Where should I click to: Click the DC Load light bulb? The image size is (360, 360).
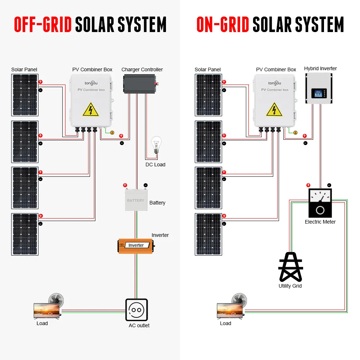[x=156, y=145]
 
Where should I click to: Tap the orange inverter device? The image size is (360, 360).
[x=136, y=246]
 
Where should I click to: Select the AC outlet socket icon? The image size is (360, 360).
[x=136, y=310]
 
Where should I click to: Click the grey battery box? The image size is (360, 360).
[x=136, y=200]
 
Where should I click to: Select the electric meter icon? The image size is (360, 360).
[x=320, y=203]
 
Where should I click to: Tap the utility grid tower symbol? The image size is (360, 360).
[x=291, y=267]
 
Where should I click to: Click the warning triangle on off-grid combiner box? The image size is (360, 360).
[x=91, y=109]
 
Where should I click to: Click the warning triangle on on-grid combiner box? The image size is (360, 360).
[x=274, y=109]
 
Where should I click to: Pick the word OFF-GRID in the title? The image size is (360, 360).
[x=43, y=24]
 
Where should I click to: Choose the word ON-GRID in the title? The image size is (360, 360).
[x=223, y=24]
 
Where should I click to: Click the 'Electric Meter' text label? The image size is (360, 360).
[x=320, y=222]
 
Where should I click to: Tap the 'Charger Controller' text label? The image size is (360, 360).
[x=142, y=69]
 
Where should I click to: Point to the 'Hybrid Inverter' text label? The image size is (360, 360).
[x=320, y=68]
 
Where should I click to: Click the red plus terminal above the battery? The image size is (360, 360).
[x=125, y=185]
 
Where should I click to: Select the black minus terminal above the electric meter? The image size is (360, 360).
[x=329, y=185]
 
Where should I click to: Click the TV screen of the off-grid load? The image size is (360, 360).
[x=46, y=310]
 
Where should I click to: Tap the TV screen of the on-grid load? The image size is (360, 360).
[x=230, y=310]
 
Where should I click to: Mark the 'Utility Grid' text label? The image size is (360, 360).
[x=290, y=286]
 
